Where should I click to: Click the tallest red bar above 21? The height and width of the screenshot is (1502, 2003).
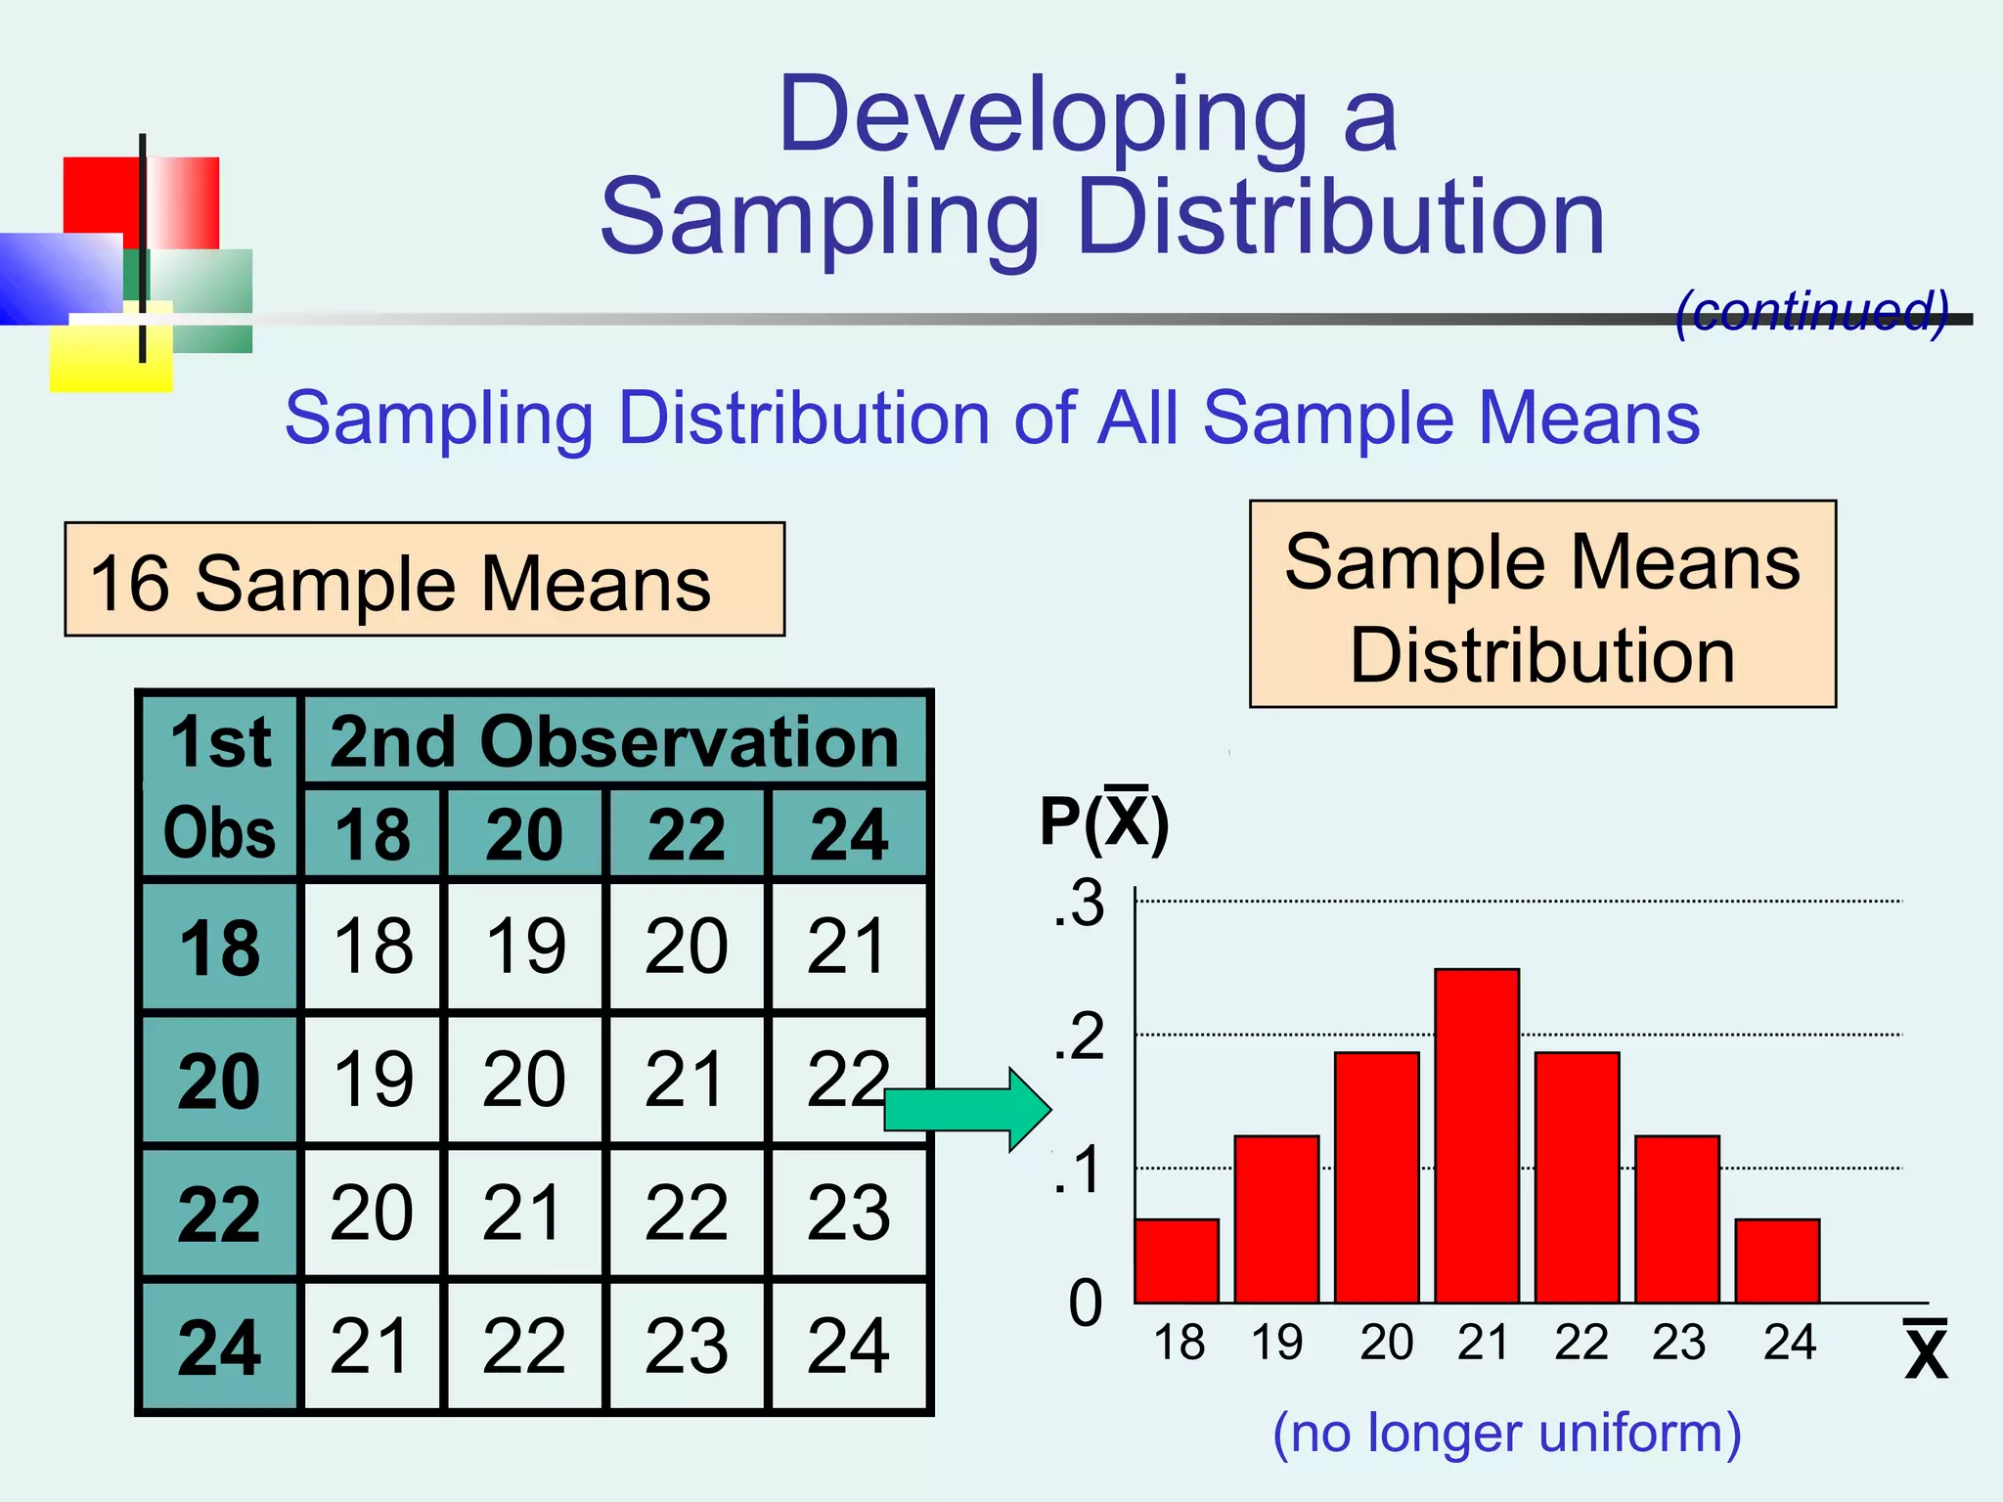point(1477,1134)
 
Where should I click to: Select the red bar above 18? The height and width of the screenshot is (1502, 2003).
point(1177,1260)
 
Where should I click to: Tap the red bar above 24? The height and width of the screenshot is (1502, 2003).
point(1777,1260)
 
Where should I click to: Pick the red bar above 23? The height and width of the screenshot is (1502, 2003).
point(1677,1218)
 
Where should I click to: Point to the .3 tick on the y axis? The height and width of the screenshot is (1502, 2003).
point(1080,903)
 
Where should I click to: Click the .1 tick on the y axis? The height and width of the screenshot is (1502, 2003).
point(1080,1171)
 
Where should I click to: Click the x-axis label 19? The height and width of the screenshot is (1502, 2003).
point(1276,1343)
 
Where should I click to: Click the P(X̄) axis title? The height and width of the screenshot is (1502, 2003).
point(1103,821)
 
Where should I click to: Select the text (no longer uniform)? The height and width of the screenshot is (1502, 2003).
point(1506,1434)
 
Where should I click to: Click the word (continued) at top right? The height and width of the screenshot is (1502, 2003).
point(1811,312)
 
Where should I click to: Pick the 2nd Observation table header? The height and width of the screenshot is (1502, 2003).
point(614,741)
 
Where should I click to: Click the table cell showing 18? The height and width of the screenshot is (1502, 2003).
point(373,947)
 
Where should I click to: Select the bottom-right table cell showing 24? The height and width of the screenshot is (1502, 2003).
point(848,1347)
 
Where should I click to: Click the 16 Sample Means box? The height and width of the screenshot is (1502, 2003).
point(424,580)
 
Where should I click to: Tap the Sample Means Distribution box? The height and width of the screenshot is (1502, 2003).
point(1542,604)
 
